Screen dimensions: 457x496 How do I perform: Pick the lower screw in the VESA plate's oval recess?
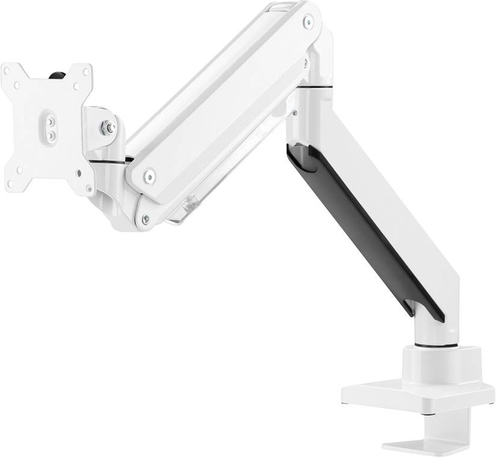[x=50, y=136]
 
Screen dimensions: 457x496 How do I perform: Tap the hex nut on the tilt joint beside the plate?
[x=106, y=127]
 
